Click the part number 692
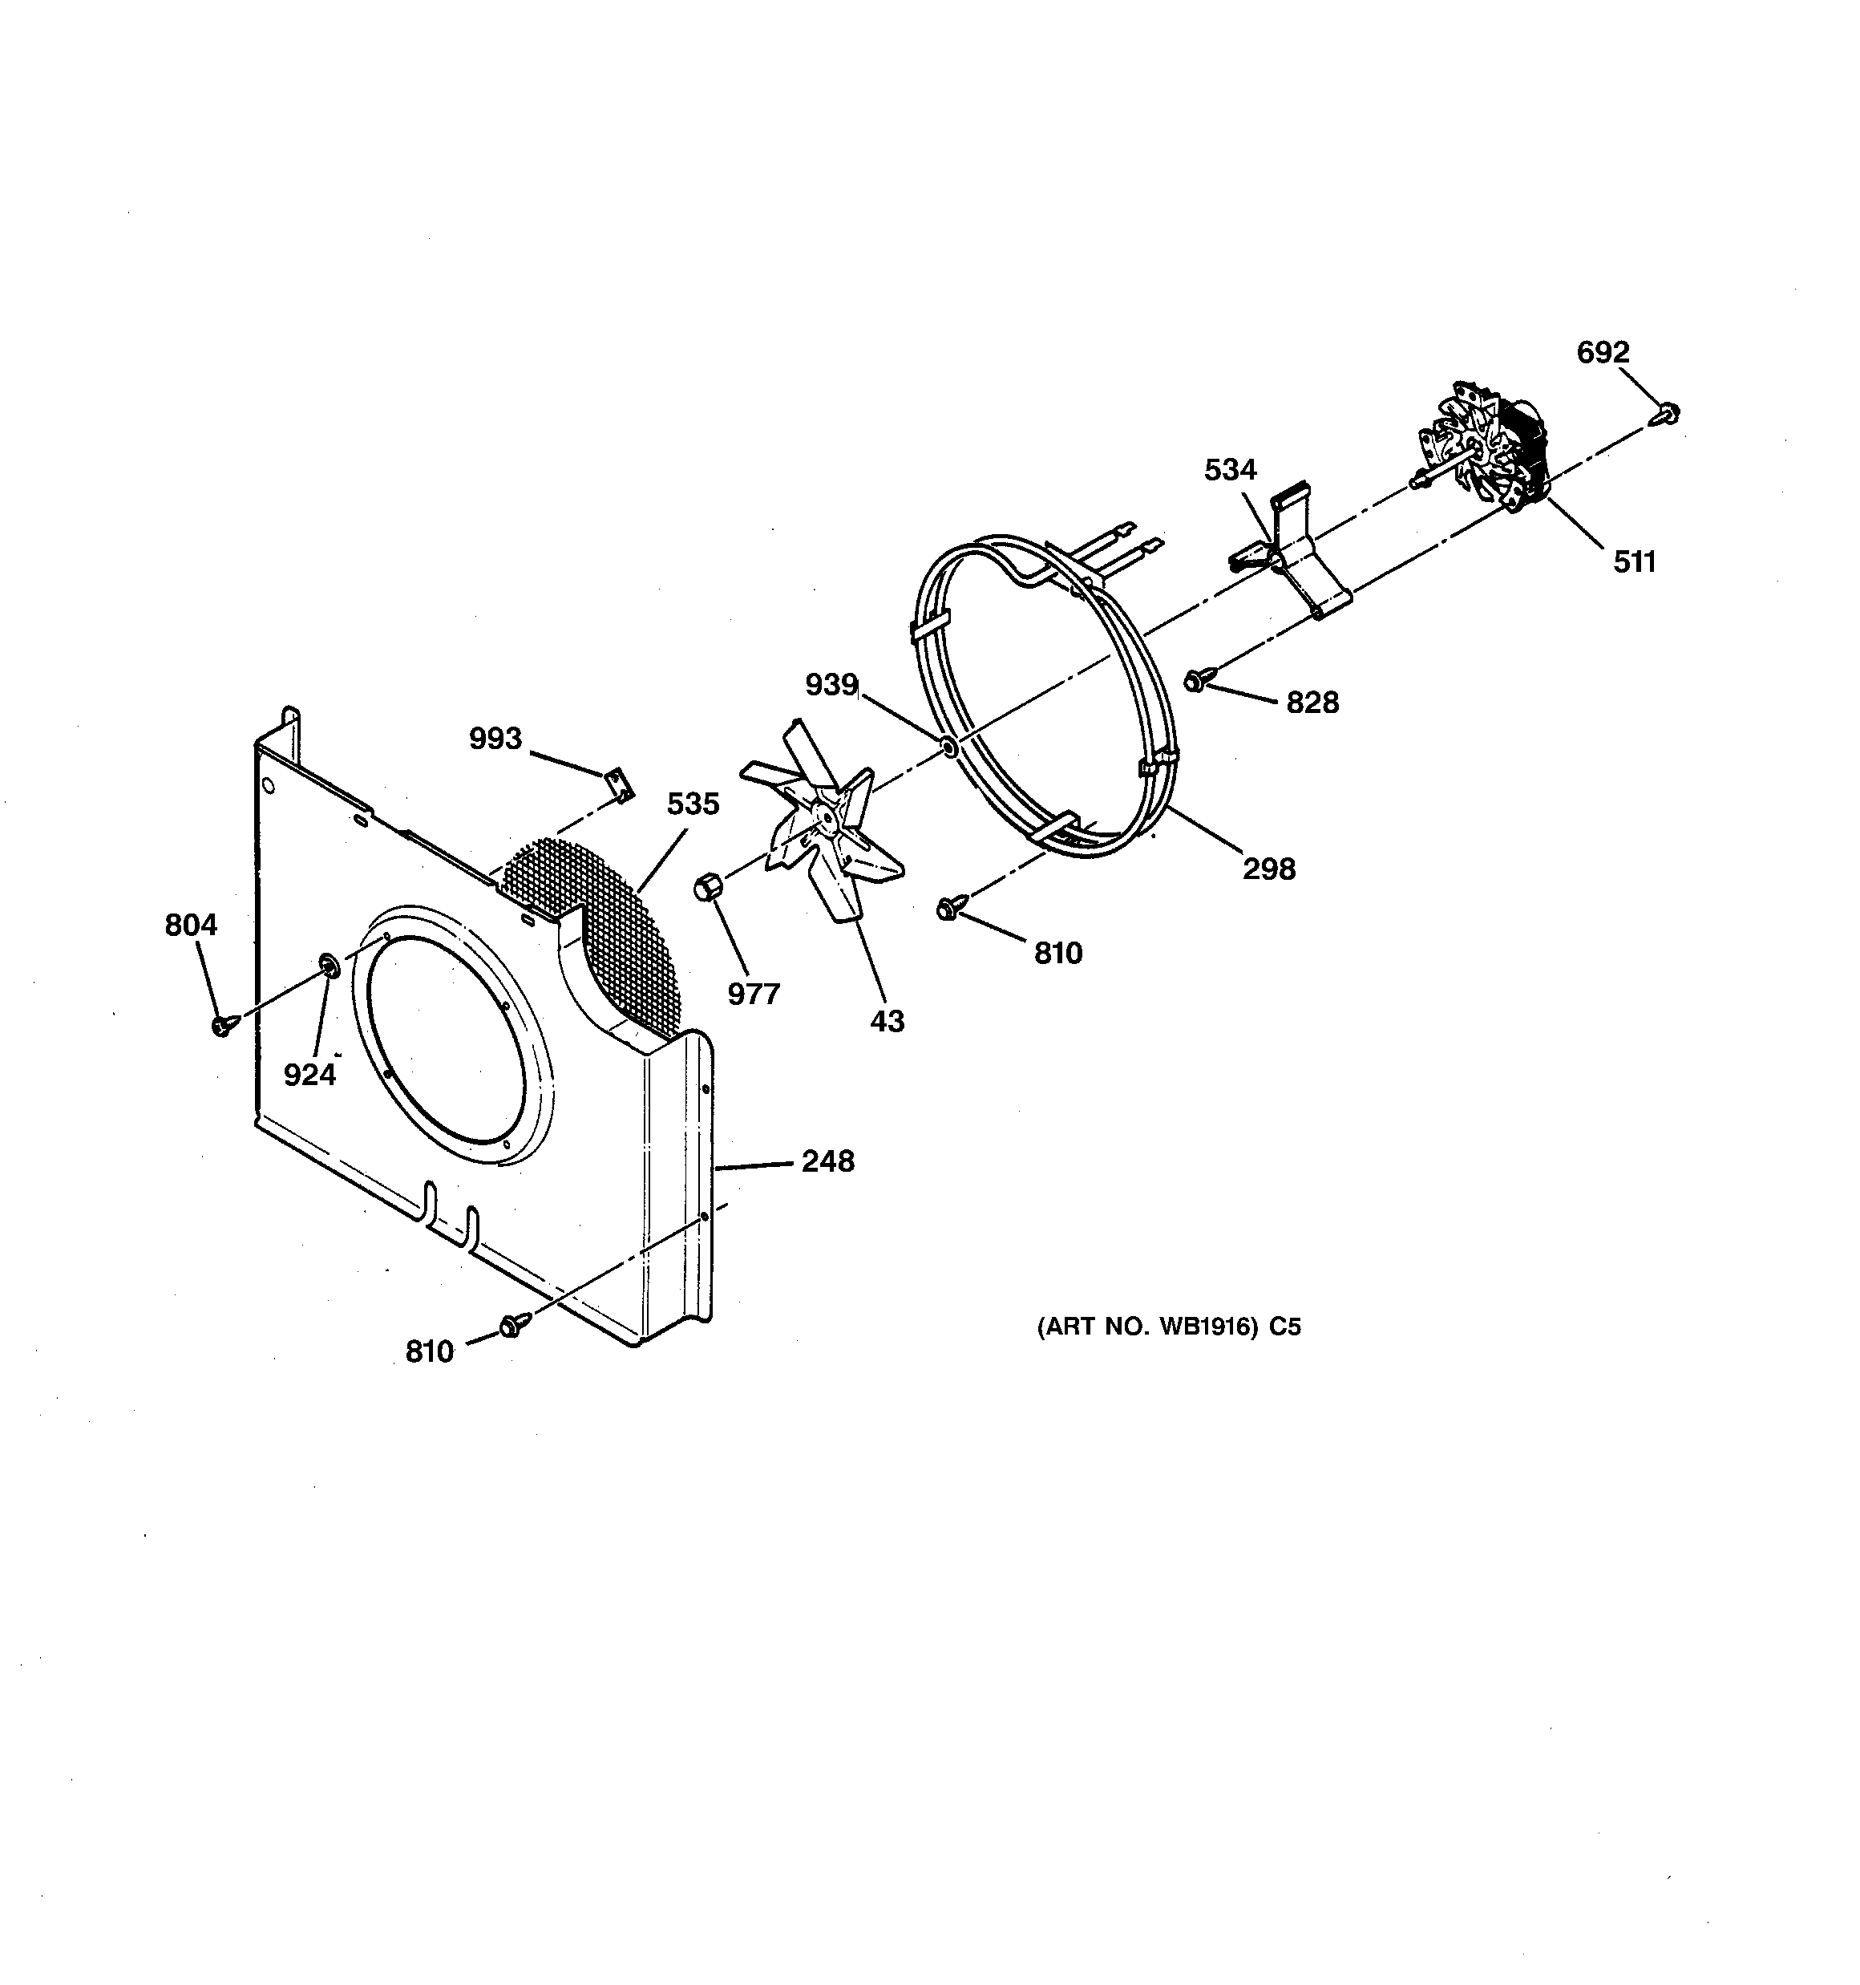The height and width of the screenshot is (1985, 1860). [1603, 351]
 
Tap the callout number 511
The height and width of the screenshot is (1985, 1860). [1635, 562]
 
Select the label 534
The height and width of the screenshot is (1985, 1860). [1230, 469]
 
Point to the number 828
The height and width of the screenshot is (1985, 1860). [1312, 703]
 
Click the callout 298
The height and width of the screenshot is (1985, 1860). [1269, 869]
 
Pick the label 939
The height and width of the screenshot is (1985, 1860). [831, 685]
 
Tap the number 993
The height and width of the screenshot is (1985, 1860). [495, 739]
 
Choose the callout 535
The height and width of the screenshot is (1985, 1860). [693, 804]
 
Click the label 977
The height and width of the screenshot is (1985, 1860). [753, 994]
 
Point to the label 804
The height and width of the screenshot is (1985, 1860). [191, 926]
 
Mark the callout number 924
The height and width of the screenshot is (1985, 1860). [309, 1075]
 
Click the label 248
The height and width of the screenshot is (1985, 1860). [827, 1161]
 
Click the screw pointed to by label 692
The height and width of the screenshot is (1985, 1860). [1668, 412]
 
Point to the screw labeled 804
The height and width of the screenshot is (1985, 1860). [223, 1024]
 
